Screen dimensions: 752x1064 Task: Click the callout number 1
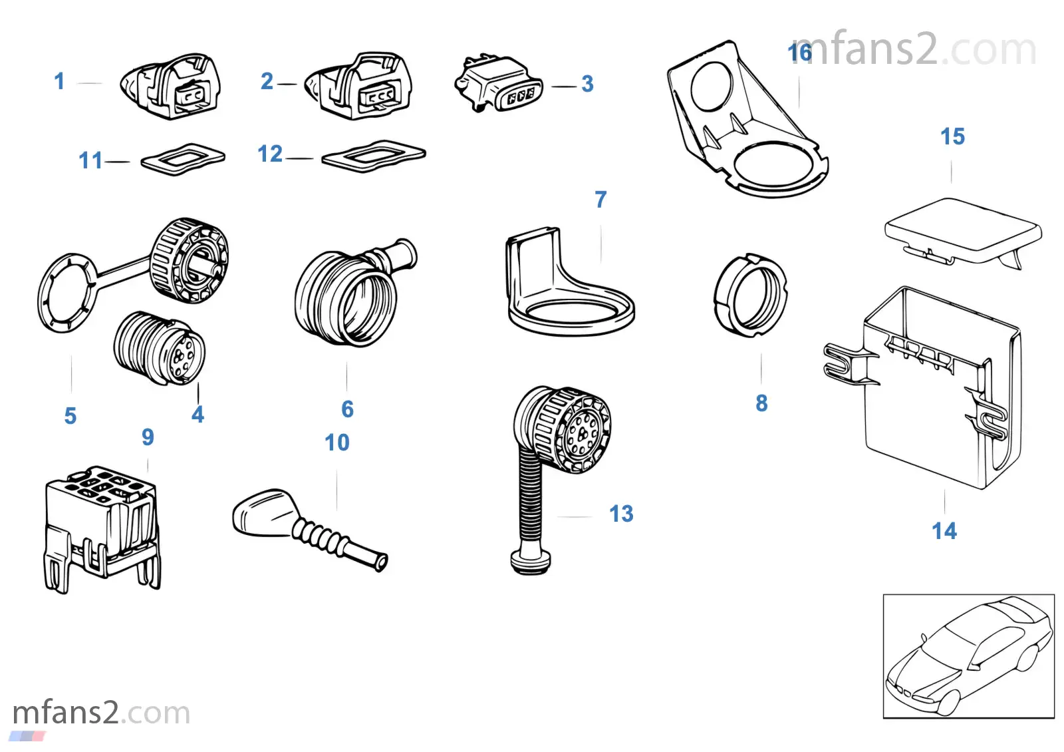coord(59,81)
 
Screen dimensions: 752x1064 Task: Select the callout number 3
coord(587,84)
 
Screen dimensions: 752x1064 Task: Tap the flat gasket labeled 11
coord(183,159)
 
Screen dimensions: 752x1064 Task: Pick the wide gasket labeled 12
coord(374,157)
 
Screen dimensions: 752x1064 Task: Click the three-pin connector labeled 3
coord(497,85)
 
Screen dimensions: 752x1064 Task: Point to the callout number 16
coord(800,53)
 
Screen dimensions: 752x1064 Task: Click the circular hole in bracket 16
coord(711,86)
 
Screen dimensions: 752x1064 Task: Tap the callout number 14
coord(944,531)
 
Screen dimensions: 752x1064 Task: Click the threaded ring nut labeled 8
coord(750,295)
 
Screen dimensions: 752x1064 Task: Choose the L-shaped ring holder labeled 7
coord(569,293)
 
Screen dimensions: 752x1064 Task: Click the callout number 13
coord(621,514)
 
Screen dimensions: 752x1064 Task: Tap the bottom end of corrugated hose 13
coord(531,561)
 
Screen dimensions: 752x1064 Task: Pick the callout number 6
coord(347,409)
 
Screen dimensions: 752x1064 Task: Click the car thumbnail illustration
coord(968,656)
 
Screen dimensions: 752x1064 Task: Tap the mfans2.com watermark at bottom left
coord(101,713)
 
